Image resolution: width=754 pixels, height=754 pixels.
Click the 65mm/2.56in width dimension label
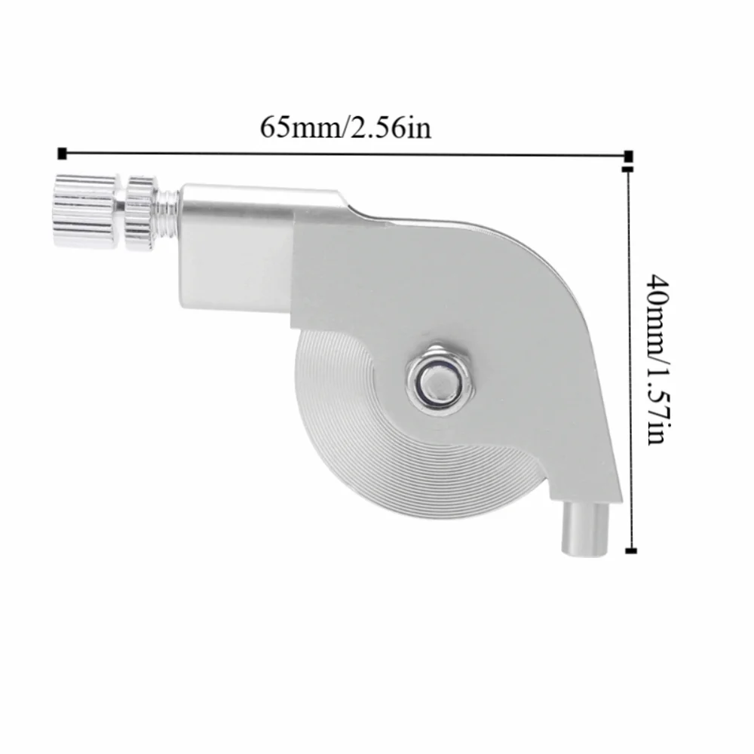[x=345, y=128]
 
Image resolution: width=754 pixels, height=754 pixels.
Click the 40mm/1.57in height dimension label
[x=657, y=359]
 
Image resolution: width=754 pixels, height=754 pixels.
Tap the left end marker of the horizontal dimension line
[x=62, y=153]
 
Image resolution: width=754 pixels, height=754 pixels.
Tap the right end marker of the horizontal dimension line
[x=628, y=156]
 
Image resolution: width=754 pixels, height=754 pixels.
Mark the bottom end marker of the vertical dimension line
[x=631, y=550]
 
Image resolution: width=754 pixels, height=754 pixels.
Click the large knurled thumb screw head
[x=85, y=211]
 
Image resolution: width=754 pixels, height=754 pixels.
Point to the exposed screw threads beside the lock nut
[x=169, y=210]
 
